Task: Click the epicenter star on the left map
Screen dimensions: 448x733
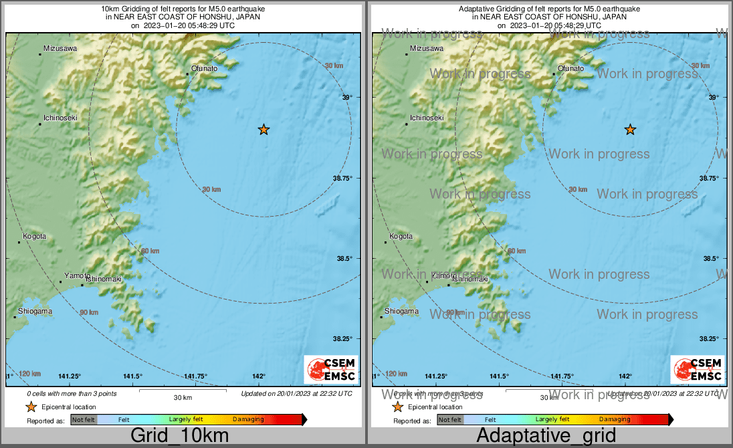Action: (x=264, y=129)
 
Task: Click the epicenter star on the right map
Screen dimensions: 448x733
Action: (x=630, y=129)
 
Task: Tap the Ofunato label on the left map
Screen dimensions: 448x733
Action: (x=204, y=68)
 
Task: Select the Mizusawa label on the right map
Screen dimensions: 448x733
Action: (x=426, y=48)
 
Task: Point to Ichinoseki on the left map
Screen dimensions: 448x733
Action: (x=60, y=118)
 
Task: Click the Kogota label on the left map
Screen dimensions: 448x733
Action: (x=34, y=236)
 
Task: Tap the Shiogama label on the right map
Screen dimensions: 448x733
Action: (x=402, y=311)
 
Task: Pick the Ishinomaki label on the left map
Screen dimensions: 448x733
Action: (x=104, y=279)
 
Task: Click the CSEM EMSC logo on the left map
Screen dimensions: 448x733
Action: (x=330, y=370)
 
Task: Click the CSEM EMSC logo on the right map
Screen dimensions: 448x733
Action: (x=697, y=370)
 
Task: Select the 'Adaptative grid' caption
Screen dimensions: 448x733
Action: (x=546, y=436)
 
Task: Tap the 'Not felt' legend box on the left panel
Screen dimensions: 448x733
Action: (x=84, y=419)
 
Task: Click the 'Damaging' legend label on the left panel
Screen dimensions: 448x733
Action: (x=248, y=419)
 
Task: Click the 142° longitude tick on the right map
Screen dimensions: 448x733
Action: (x=625, y=376)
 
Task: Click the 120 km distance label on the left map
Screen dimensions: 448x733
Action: (x=29, y=373)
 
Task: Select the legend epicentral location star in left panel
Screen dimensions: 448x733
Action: (x=31, y=407)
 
